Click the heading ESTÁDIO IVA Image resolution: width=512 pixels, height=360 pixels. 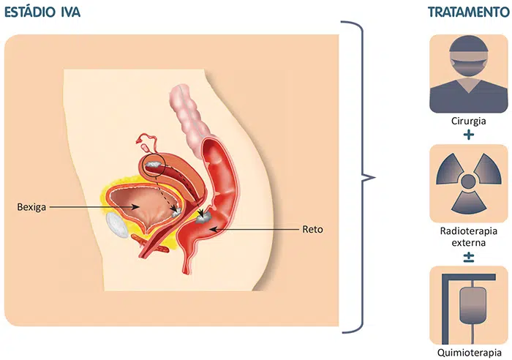click(x=42, y=12)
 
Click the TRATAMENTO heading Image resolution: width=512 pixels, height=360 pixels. click(x=467, y=12)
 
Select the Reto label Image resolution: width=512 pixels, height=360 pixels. click(x=312, y=229)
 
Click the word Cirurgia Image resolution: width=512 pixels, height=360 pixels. click(x=468, y=121)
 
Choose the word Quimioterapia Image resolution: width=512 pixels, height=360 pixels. click(x=468, y=353)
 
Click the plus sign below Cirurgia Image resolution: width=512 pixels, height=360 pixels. click(x=468, y=135)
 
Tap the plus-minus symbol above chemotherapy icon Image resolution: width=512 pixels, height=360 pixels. click(x=468, y=255)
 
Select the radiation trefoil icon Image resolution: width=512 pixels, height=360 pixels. click(x=468, y=182)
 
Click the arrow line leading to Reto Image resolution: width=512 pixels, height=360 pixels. click(x=256, y=229)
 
